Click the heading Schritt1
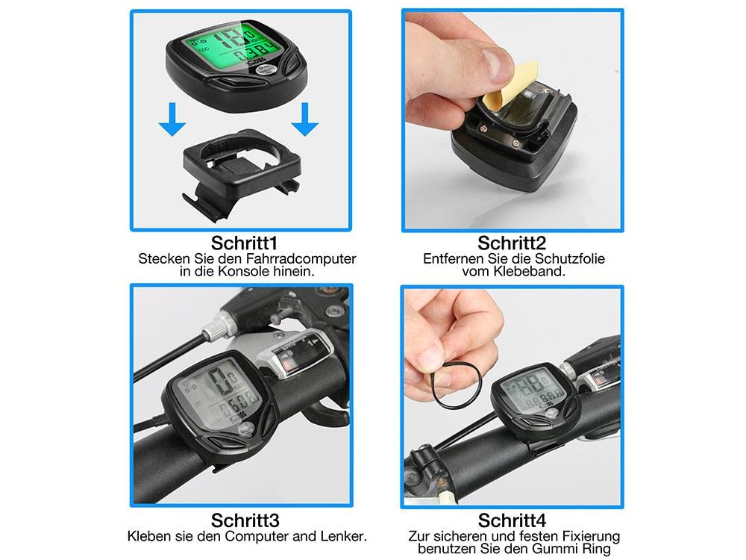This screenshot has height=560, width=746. tap(245, 243)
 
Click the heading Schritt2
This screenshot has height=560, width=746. tap(512, 243)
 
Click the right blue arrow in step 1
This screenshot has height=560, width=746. tap(304, 119)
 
